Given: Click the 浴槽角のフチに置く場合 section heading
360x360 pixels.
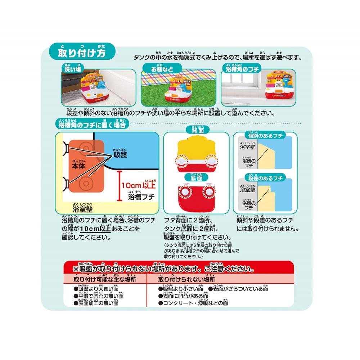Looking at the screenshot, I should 92,125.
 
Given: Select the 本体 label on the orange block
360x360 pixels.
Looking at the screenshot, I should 77,167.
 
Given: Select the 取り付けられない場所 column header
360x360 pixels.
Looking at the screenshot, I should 186,279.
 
